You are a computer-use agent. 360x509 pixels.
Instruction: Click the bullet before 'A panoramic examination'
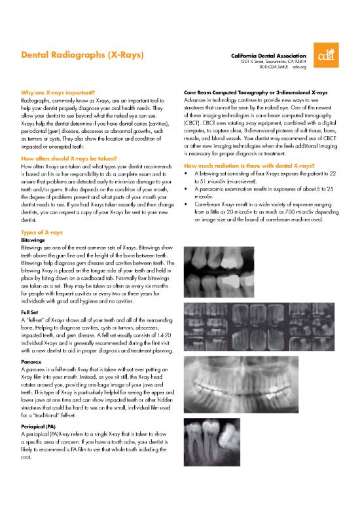coord(188,188)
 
